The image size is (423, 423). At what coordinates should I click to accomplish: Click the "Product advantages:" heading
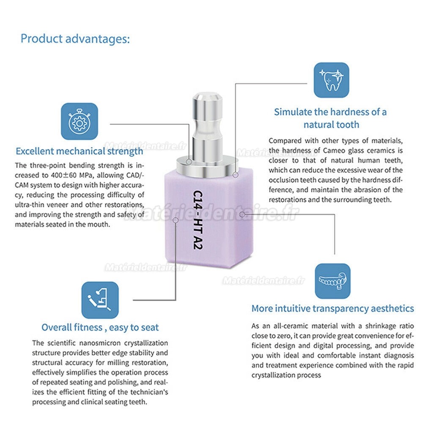tap(75, 39)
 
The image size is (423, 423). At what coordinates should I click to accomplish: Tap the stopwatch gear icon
tap(80, 121)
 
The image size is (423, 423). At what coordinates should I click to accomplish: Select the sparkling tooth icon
tap(331, 80)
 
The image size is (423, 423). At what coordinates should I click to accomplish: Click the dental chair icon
tap(100, 300)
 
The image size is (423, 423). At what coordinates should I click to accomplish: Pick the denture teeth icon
tap(332, 281)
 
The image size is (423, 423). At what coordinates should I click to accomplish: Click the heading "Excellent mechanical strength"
tap(80, 151)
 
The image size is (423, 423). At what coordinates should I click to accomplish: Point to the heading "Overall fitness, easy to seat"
tap(100, 327)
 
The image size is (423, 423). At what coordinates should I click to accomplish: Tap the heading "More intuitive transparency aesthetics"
tap(332, 309)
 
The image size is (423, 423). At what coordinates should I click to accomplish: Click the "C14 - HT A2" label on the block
tap(198, 220)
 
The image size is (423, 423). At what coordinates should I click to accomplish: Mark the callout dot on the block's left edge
tap(176, 220)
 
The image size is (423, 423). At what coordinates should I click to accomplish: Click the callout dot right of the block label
tap(242, 214)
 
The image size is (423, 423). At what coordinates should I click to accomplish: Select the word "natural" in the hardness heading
tap(318, 125)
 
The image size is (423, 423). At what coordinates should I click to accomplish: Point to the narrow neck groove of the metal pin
tap(207, 127)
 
